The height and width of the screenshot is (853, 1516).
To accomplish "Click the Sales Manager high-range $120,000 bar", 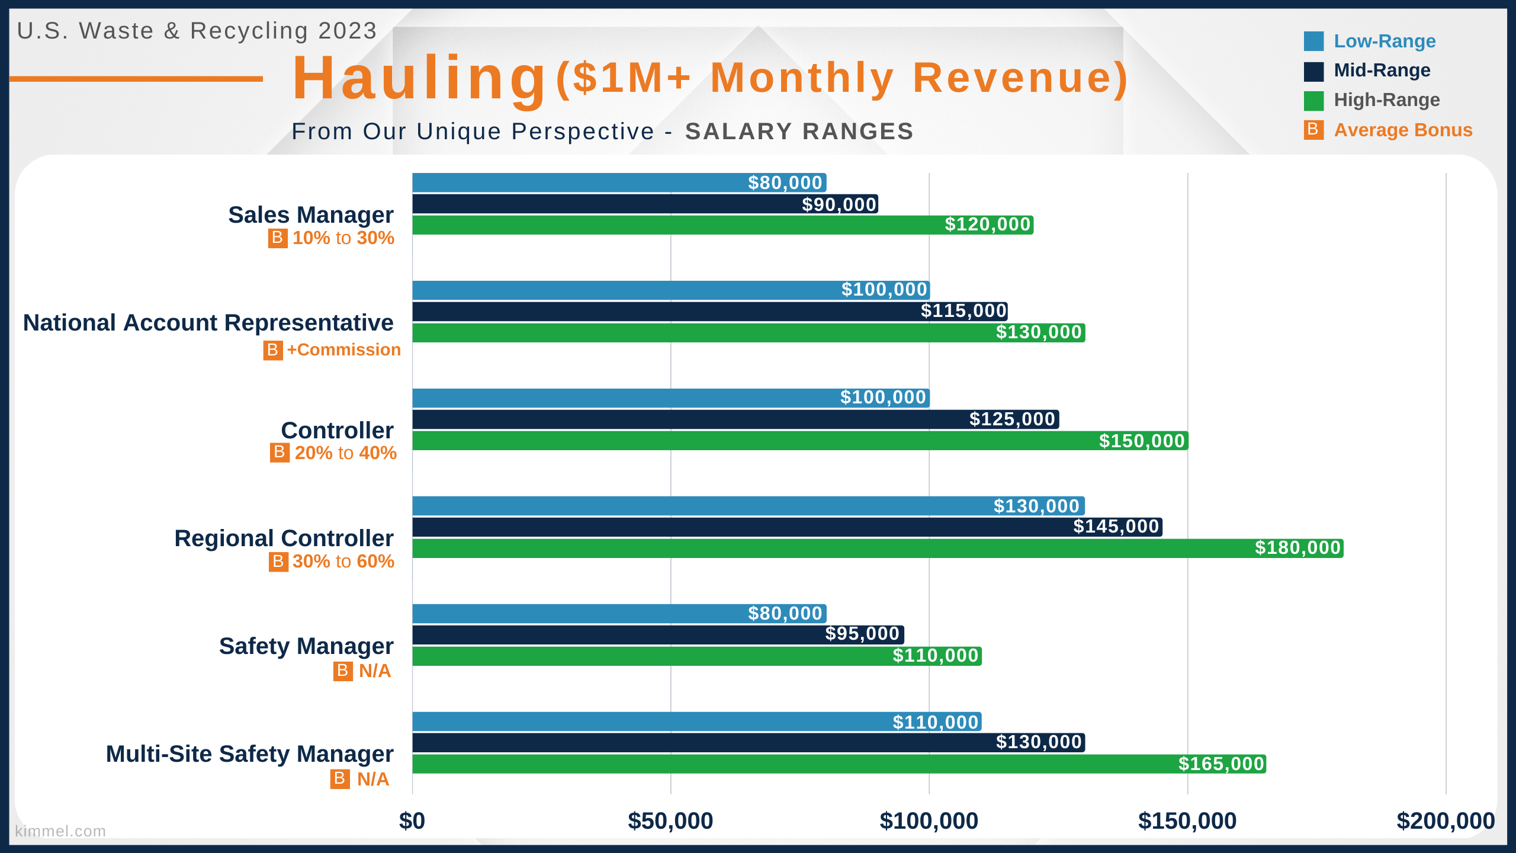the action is tap(722, 225).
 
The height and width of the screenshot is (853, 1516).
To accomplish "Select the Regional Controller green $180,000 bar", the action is tap(878, 548).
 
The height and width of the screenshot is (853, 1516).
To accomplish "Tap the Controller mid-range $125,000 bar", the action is tap(735, 419).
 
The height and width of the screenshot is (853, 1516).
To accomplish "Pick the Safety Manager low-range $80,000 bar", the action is tap(619, 614).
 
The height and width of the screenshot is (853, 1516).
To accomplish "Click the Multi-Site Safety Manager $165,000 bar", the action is tap(839, 764).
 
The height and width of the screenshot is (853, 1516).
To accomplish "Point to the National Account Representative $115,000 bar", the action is tap(710, 312).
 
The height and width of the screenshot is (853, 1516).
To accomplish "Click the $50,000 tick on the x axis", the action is tap(670, 821).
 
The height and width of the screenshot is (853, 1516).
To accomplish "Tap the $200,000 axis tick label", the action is tap(1446, 821).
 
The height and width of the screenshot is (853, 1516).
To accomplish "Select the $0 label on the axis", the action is tap(412, 821).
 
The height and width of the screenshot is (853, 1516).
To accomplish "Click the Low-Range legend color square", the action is tap(1313, 41).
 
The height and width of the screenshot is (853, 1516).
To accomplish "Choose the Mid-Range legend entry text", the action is tap(1382, 70).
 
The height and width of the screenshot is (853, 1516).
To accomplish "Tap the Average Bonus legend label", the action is tap(1403, 130).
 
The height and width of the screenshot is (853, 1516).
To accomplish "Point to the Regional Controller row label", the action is tap(284, 538).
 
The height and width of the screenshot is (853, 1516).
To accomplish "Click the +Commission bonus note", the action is tap(343, 349).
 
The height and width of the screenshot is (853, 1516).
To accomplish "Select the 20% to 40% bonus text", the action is tap(346, 453).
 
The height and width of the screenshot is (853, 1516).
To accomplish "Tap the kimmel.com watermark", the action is tap(60, 831).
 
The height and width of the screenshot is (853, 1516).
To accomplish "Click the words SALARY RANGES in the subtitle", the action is tap(799, 132).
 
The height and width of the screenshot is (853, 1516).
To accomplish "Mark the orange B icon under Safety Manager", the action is tap(343, 671).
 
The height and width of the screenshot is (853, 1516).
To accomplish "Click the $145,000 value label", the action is tap(1116, 527).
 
